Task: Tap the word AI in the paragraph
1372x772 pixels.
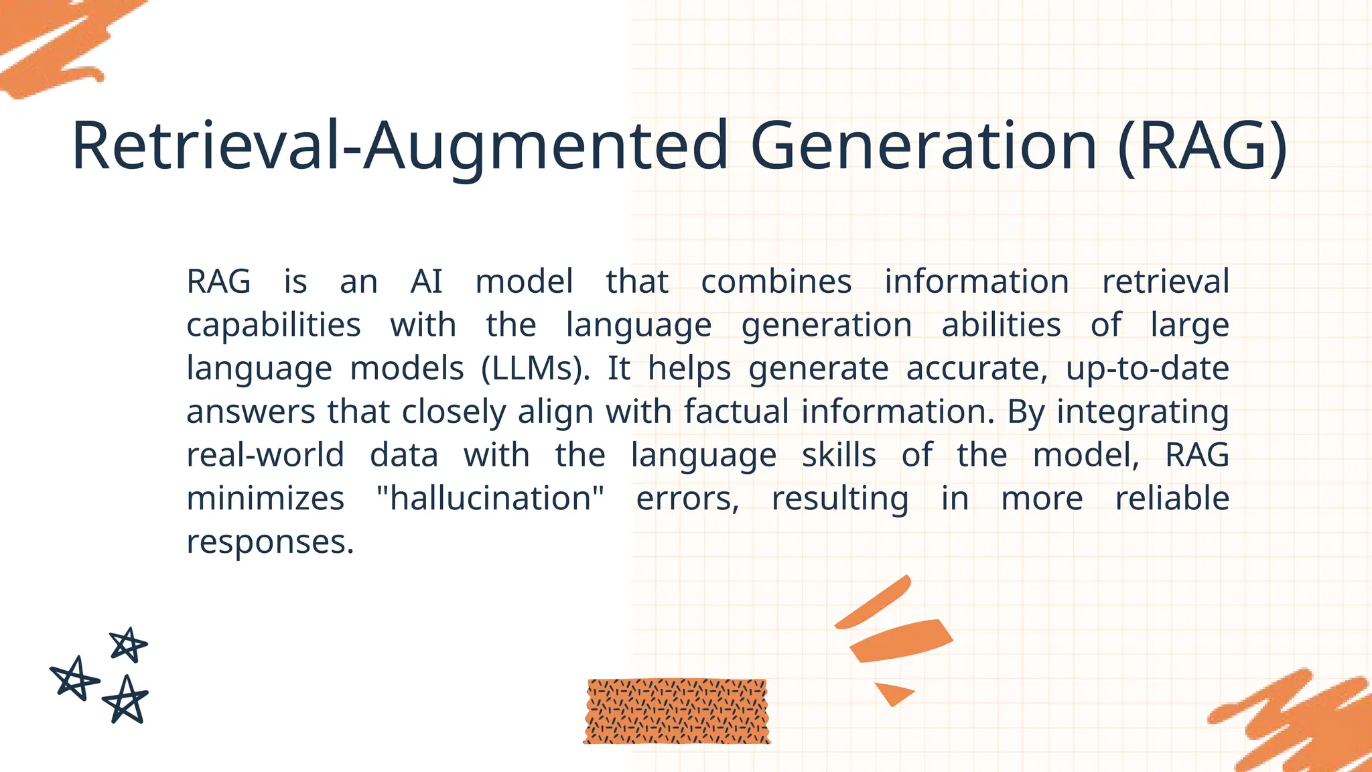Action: [426, 281]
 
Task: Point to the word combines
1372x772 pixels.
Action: [776, 281]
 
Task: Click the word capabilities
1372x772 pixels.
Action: [273, 326]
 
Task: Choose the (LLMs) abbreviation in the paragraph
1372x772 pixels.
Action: [535, 369]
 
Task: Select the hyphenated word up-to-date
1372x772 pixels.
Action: [1147, 369]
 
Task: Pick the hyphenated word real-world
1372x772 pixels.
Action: [265, 455]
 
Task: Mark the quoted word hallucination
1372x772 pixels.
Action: [490, 499]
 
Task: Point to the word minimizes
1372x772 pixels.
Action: [265, 499]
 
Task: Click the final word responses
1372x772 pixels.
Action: [269, 542]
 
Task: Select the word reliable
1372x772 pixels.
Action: [1172, 499]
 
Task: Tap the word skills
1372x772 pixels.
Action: [839, 455]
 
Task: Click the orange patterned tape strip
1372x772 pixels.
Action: [677, 711]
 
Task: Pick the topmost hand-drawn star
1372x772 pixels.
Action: [127, 645]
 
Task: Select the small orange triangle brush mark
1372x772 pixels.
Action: [893, 692]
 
